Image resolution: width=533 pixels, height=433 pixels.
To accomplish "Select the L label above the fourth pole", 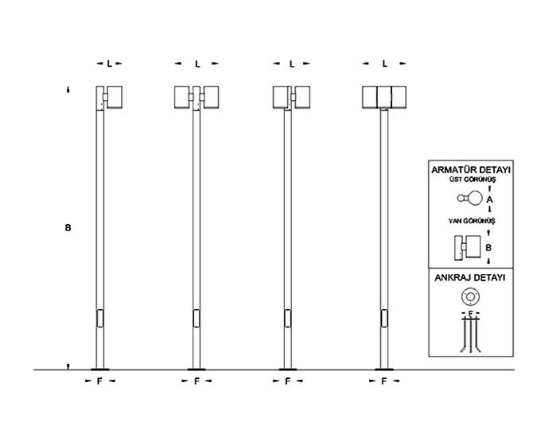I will pos(384,64).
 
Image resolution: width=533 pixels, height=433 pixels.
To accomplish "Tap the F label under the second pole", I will pos(196,381).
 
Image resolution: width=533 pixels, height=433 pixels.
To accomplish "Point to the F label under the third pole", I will pos(287,381).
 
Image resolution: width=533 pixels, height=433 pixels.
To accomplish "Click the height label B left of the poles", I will pos(68,228).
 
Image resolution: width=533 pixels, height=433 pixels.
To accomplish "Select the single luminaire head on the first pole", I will pos(111,96).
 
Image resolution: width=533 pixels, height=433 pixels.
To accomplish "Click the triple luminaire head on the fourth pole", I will pos(384,96).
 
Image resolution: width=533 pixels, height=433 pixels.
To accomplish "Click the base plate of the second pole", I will pos(196,369).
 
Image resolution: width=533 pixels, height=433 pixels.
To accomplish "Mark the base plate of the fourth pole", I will pos(385,369).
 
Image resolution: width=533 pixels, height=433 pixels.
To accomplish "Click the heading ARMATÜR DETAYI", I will pos(470,171).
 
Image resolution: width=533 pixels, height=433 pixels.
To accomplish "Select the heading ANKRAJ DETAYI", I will pos(470,279).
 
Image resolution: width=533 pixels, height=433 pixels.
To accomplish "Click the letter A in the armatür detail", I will pos(489,199).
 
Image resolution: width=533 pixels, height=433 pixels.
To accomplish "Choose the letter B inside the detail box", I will pos(489,247).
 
